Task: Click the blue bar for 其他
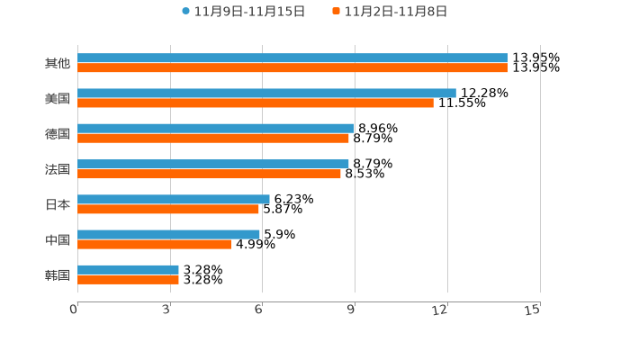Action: [x=292, y=58]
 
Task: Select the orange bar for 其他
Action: [x=292, y=67]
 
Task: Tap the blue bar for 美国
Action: [x=266, y=93]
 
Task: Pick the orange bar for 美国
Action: [x=256, y=103]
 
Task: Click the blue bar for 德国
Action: [x=216, y=129]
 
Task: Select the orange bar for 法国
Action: [x=209, y=174]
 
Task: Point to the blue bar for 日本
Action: [x=174, y=199]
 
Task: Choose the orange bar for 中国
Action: [x=154, y=244]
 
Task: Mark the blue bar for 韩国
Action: [x=128, y=269]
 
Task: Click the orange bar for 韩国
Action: [x=128, y=279]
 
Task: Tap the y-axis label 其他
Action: [x=57, y=63]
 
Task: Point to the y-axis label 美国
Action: [x=57, y=98]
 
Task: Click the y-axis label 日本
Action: [x=57, y=204]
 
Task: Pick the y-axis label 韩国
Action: [x=57, y=274]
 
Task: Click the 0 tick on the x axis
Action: [x=74, y=310]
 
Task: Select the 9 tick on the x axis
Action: [x=352, y=310]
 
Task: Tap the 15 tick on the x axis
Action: [x=533, y=310]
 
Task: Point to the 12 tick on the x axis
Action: [x=441, y=310]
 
